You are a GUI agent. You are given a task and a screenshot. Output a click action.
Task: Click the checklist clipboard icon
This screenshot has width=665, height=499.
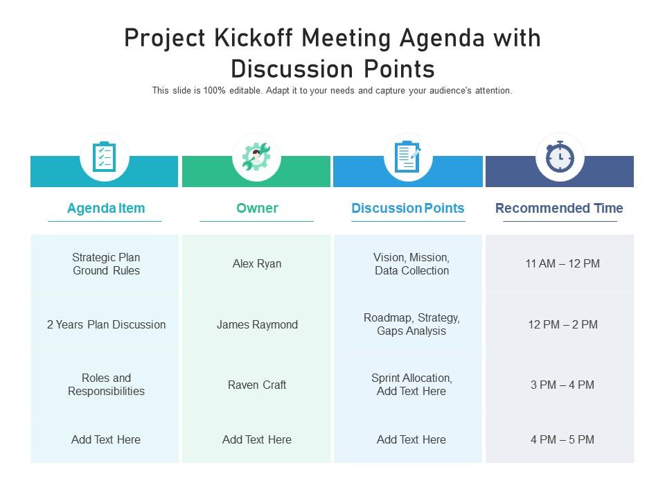tap(105, 157)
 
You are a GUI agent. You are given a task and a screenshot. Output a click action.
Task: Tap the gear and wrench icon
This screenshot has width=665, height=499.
tap(256, 157)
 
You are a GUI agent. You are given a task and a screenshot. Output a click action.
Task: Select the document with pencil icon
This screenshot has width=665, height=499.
tap(408, 157)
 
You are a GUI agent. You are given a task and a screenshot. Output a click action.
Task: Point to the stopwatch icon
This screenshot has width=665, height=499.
tap(560, 157)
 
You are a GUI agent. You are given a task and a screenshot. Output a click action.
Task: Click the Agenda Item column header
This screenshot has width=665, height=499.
tap(106, 208)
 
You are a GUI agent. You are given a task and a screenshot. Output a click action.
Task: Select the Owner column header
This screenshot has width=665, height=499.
tap(257, 208)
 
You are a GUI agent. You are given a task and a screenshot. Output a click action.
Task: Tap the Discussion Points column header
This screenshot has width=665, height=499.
tap(408, 208)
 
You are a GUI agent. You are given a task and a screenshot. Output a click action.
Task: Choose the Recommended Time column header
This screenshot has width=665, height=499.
tap(559, 208)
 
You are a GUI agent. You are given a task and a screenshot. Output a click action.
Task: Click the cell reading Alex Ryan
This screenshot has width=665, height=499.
tap(257, 263)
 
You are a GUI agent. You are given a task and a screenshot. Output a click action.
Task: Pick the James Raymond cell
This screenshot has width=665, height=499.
tap(257, 324)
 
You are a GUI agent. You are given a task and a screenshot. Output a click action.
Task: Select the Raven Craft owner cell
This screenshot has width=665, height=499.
tap(257, 385)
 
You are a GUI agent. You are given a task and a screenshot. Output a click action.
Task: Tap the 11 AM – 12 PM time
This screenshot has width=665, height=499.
tap(562, 263)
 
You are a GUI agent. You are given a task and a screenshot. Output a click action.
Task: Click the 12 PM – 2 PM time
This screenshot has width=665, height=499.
tap(562, 324)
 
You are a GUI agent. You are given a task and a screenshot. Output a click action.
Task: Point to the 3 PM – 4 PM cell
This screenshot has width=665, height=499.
tap(562, 385)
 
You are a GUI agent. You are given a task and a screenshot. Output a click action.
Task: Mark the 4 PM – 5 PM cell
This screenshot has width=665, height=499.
tap(562, 439)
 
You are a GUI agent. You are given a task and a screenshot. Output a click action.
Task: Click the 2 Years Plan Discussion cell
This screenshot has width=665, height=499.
tap(106, 324)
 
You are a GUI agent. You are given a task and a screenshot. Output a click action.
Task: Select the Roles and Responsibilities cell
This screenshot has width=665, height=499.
tap(106, 385)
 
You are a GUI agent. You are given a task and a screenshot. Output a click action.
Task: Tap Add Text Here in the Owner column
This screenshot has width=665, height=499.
tap(257, 439)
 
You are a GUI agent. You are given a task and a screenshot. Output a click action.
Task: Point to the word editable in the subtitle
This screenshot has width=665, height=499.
tap(243, 91)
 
